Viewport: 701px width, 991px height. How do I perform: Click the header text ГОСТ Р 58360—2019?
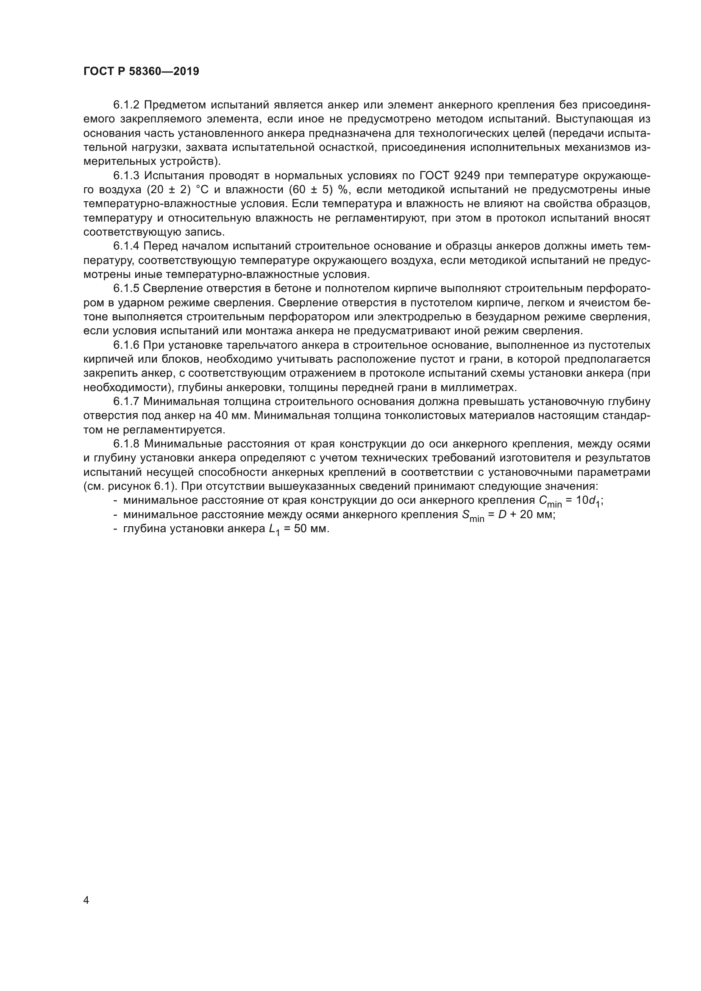point(141,72)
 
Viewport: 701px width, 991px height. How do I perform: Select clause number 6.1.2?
point(126,105)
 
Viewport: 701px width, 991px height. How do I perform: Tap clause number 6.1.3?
point(126,176)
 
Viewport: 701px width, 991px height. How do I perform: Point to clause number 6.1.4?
point(126,247)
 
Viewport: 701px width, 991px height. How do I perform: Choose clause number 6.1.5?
point(126,289)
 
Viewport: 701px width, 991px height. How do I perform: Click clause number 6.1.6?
point(126,345)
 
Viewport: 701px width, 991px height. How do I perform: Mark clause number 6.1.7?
point(126,402)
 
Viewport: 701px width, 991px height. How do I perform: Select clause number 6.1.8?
point(126,444)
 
